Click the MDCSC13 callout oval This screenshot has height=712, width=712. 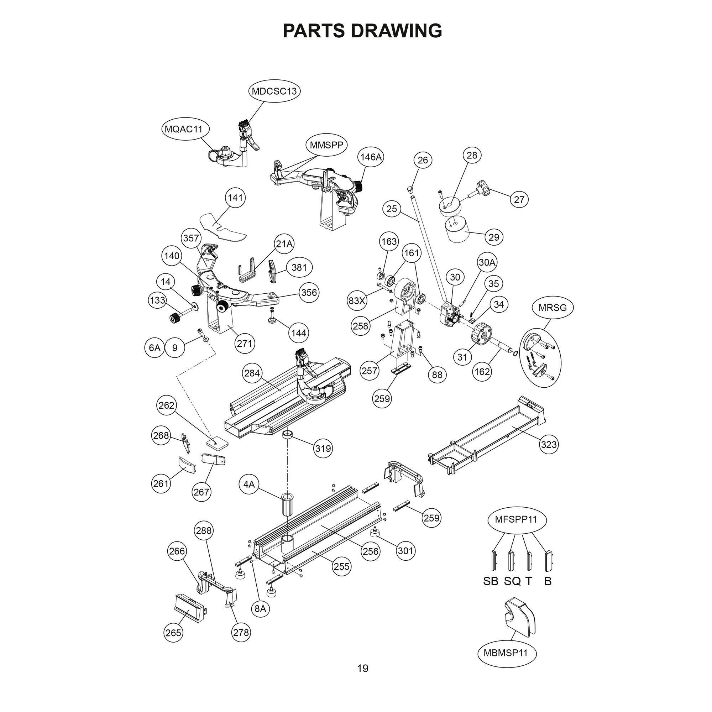pos(274,91)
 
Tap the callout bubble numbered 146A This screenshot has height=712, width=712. pos(371,157)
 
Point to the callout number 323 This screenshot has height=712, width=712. pos(549,445)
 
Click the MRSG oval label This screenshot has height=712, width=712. pos(553,307)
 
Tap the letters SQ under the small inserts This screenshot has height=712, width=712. pos(512,581)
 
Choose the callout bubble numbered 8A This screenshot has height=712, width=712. pos(260,608)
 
